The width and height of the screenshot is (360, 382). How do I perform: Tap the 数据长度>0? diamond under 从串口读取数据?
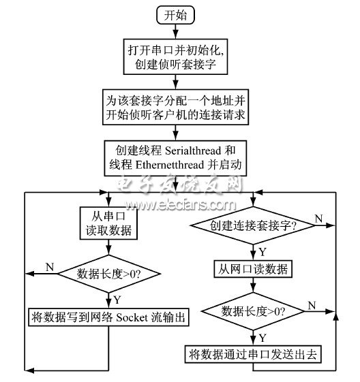coord(108,275)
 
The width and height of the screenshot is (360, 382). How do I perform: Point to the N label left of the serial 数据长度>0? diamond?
coord(49,267)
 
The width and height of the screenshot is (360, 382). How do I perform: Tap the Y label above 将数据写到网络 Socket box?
coord(117,299)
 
